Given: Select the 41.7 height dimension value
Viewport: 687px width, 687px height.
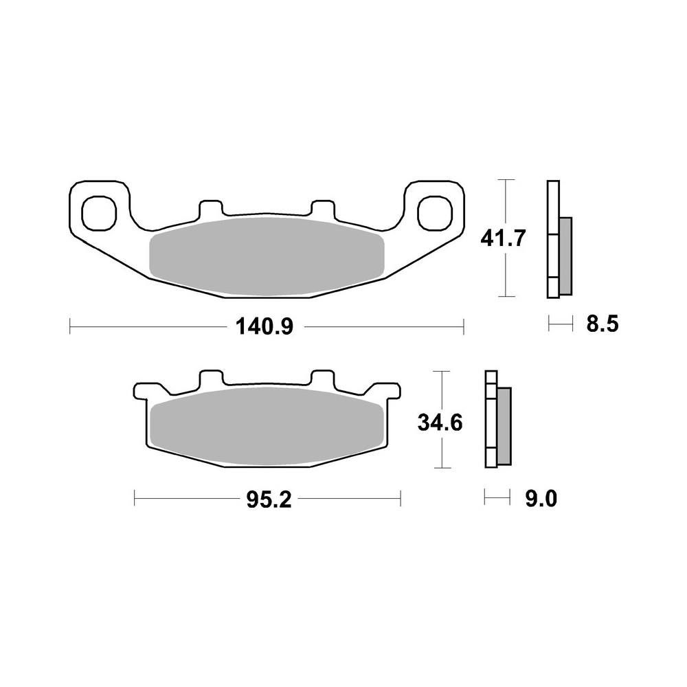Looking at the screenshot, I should (504, 238).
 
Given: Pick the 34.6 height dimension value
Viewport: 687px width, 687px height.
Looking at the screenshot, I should (440, 422).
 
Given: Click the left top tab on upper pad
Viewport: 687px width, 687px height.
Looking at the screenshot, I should (210, 207).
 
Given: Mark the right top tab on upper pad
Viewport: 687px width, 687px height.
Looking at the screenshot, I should (322, 207).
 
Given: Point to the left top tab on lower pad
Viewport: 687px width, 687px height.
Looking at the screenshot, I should (210, 379).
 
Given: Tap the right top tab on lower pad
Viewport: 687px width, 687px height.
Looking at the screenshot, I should (322, 379).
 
